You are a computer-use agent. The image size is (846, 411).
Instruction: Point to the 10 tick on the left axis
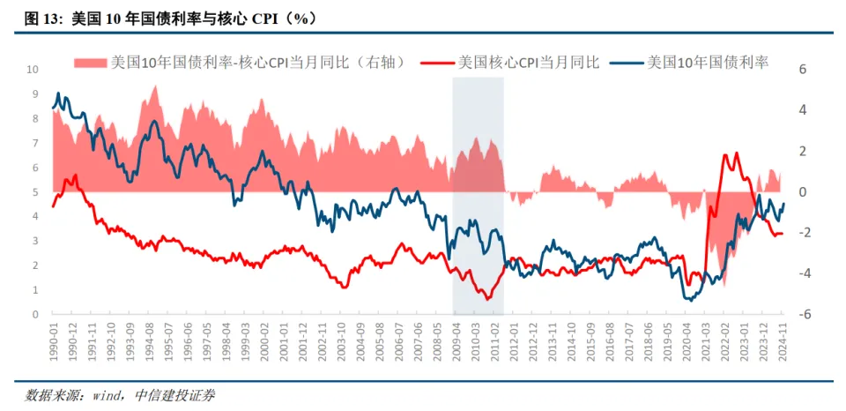pyautogui.click(x=33, y=69)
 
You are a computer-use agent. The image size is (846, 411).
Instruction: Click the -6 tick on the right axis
pyautogui.click(x=803, y=314)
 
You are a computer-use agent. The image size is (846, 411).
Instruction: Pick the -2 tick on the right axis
pyautogui.click(x=803, y=232)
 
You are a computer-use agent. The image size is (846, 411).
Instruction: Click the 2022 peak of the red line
pyautogui.click(x=725, y=155)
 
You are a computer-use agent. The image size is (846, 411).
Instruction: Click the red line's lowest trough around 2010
pyautogui.click(x=487, y=299)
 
